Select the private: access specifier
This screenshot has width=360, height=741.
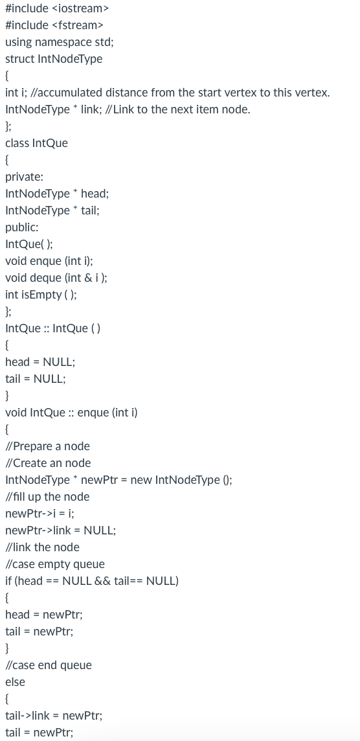coord(24,177)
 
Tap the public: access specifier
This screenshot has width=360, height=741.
coord(21,227)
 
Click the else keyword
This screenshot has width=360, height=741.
coord(15,682)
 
